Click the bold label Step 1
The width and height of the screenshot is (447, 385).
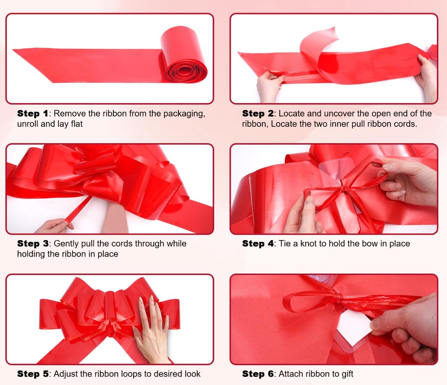tap(32, 114)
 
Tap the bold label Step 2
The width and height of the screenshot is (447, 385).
tap(258, 114)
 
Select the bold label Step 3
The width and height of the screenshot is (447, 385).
tap(33, 244)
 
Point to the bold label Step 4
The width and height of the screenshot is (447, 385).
tap(258, 244)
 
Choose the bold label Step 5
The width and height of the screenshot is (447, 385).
tap(33, 374)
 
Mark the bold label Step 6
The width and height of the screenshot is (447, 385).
tap(258, 374)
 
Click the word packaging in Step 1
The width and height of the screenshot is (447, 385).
tap(184, 114)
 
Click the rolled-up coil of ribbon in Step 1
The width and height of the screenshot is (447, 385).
tap(184, 56)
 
